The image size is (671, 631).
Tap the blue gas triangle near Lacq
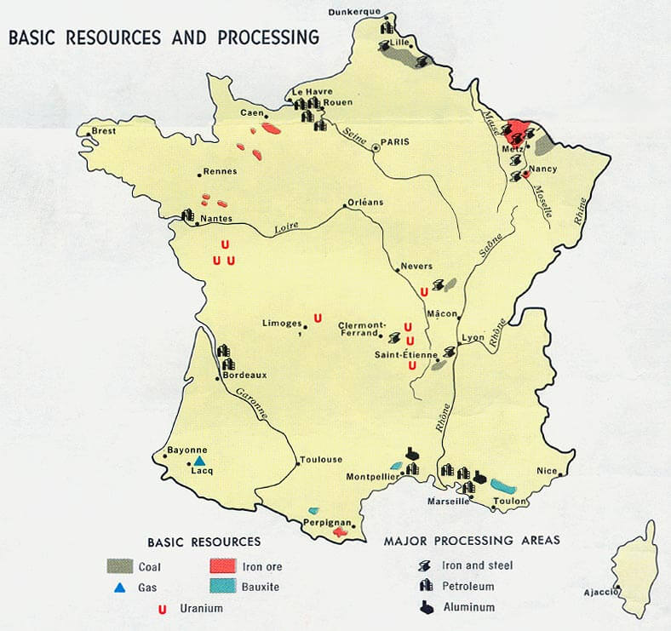pyautogui.click(x=200, y=460)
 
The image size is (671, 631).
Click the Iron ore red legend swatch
pyautogui.click(x=227, y=565)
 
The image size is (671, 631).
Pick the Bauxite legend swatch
pyautogui.click(x=227, y=587)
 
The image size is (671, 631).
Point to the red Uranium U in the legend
pyautogui.click(x=162, y=608)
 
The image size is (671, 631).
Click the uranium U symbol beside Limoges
pyautogui.click(x=318, y=318)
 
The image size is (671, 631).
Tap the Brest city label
pyautogui.click(x=103, y=131)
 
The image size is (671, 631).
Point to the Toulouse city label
pyautogui.click(x=320, y=460)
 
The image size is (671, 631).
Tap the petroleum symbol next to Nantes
pyautogui.click(x=188, y=215)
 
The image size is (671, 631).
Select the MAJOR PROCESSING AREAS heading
pyautogui.click(x=472, y=541)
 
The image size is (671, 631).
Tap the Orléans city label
pyautogui.click(x=365, y=202)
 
